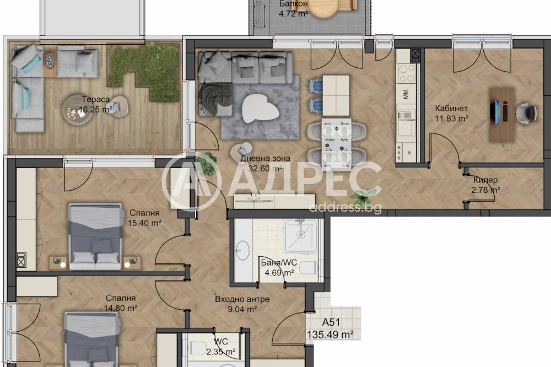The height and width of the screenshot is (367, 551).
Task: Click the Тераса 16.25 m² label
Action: [95, 104]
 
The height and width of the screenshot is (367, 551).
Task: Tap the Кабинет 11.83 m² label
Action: [451, 114]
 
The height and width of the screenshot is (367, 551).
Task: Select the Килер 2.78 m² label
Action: [485, 185]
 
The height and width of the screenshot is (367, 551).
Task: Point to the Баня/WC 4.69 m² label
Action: [279, 267]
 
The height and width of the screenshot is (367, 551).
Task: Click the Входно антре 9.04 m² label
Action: [242, 304]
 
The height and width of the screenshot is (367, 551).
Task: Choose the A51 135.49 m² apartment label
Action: [330, 328]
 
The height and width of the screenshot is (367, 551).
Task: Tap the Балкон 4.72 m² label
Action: [294, 9]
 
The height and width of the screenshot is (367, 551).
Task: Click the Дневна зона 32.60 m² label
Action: [266, 163]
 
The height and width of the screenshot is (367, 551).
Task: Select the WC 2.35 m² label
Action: [221, 346]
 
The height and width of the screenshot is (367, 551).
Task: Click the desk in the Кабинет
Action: [503, 115]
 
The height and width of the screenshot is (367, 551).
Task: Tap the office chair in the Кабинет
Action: [526, 113]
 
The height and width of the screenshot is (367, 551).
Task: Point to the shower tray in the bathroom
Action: [300, 236]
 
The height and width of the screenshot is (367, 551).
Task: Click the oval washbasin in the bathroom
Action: [243, 250]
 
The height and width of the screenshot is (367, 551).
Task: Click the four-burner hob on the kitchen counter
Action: [406, 73]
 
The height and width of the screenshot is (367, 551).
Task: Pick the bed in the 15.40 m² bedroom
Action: [96, 236]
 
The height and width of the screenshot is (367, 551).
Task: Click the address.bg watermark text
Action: [345, 207]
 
